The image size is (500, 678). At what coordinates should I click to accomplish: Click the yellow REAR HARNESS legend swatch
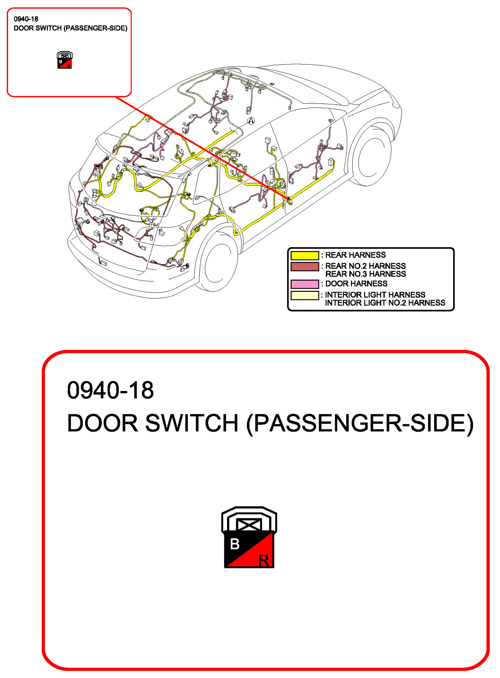click(x=304, y=255)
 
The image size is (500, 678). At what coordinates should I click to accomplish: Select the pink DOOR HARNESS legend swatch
click(x=304, y=284)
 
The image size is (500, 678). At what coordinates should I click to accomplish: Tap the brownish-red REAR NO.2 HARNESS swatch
click(x=304, y=266)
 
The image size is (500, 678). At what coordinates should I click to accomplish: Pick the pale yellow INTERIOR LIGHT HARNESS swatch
click(x=304, y=295)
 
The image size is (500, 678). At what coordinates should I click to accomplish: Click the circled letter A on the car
click(x=251, y=121)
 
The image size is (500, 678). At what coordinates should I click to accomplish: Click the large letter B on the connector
click(x=235, y=544)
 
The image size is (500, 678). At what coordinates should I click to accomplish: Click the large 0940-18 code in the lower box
click(x=110, y=390)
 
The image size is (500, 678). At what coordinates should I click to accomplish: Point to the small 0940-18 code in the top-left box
click(x=26, y=19)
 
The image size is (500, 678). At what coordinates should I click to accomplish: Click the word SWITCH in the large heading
click(x=192, y=423)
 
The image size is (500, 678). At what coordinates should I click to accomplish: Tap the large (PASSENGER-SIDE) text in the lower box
click(x=360, y=423)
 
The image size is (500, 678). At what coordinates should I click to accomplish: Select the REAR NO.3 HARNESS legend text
click(x=366, y=274)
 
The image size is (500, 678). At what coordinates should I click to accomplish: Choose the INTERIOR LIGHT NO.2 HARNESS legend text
click(x=385, y=303)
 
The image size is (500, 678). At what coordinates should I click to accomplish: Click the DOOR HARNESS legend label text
click(x=356, y=284)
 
